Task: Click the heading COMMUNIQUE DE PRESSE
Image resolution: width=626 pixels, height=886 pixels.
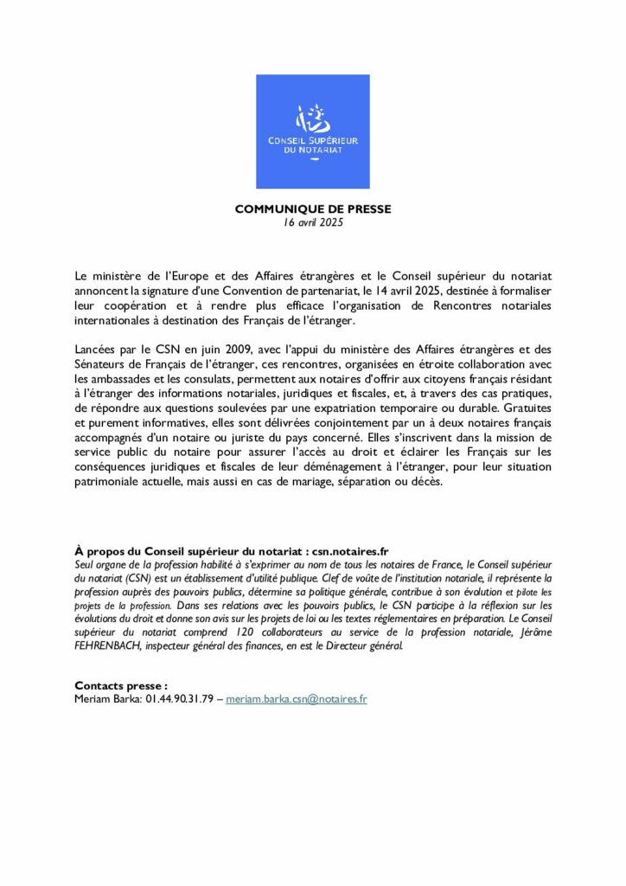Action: [x=313, y=209]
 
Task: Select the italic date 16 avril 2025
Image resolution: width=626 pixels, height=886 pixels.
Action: [x=313, y=222]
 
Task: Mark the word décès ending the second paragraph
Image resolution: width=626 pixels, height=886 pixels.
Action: [x=426, y=482]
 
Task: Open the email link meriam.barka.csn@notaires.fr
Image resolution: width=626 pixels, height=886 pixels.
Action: [x=297, y=698]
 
